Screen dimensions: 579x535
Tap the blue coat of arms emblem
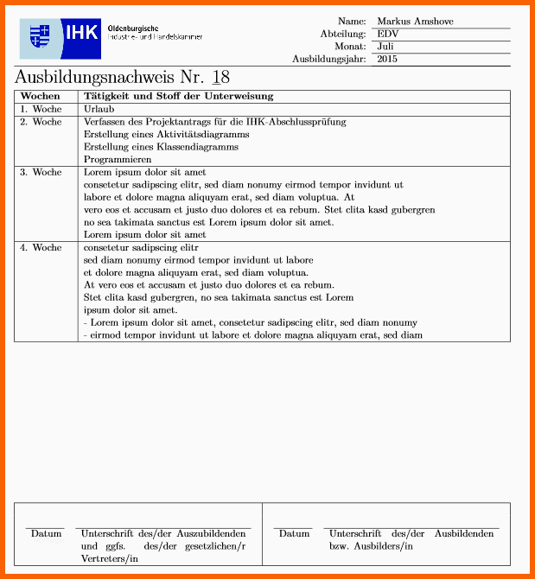pos(40,36)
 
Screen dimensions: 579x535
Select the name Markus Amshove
pos(415,22)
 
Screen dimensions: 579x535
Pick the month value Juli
pos(385,47)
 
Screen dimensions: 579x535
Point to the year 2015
pos(387,60)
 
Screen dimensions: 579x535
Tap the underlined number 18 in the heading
pos(220,77)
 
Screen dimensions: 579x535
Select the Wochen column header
pos(41,97)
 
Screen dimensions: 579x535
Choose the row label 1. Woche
pos(41,110)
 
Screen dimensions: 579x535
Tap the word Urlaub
pos(99,110)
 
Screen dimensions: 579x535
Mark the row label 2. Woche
pos(41,122)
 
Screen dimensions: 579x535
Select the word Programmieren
pos(118,160)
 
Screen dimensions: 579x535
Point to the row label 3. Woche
pos(41,172)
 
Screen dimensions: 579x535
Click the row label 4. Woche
pos(41,247)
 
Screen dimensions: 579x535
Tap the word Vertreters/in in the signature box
pos(110,559)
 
